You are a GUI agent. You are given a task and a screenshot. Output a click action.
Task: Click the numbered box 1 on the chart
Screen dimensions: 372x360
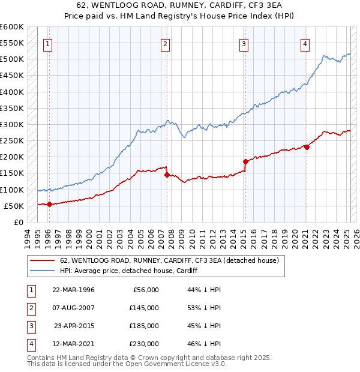point(47,43)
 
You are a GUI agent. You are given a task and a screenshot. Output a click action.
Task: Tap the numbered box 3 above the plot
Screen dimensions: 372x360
point(244,43)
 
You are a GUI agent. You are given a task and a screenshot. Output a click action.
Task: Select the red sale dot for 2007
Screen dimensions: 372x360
point(167,175)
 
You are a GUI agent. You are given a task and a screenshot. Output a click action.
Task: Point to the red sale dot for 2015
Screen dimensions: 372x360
point(245,161)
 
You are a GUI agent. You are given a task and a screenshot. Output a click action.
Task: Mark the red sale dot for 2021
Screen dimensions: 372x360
point(307,147)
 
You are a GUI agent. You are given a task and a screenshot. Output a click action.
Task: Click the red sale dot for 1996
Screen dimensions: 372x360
point(49,204)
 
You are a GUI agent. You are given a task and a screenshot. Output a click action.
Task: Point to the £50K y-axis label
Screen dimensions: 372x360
point(14,206)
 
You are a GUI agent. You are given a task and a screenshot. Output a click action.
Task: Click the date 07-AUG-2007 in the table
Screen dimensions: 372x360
point(73,308)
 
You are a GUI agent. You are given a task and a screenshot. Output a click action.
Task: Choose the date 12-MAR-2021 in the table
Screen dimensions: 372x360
point(73,344)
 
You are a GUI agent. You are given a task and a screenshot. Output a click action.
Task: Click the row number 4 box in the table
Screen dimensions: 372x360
point(30,344)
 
